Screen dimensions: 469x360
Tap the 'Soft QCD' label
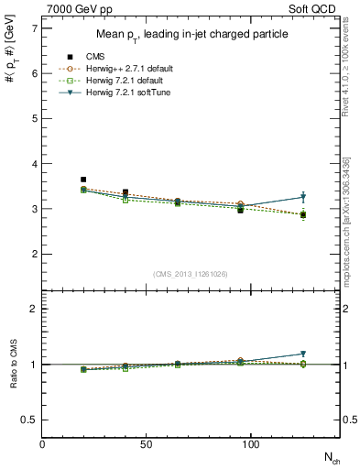313,8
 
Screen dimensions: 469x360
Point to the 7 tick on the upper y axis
33,28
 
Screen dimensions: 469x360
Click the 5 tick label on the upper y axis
33,118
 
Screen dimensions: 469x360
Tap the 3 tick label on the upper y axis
33,209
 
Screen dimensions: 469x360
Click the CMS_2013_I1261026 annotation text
191,274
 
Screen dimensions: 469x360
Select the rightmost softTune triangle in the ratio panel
303,354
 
